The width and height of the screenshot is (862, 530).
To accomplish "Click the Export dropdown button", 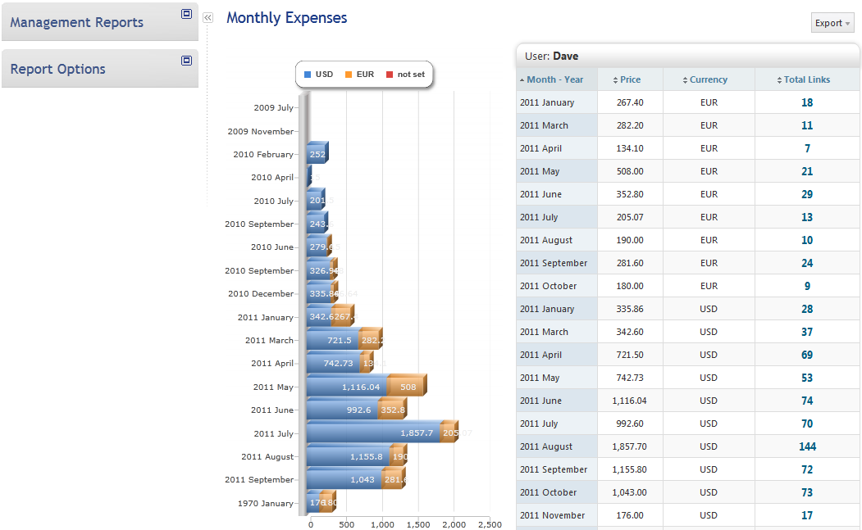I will (832, 23).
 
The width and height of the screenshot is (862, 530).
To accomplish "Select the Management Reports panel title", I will (77, 22).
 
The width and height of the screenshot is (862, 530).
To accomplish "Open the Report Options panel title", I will (57, 69).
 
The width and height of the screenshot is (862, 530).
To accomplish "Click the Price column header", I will (630, 79).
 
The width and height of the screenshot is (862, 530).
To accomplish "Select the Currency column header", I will (709, 79).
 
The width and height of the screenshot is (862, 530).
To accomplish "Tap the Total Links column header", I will (807, 79).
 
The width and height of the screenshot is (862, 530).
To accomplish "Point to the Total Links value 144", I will (807, 446).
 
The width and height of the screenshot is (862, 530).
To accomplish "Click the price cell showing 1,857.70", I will (630, 446).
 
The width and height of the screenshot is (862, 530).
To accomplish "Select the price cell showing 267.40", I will (630, 102).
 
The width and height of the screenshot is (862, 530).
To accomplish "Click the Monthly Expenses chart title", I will (286, 17).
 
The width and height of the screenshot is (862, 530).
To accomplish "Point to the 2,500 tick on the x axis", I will (490, 524).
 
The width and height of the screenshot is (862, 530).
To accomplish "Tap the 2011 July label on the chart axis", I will (273, 433).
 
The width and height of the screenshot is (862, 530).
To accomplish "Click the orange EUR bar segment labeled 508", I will (407, 387).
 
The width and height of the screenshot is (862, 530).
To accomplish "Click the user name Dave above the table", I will (565, 57).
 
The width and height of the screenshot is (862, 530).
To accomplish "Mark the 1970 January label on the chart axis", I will (265, 503).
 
